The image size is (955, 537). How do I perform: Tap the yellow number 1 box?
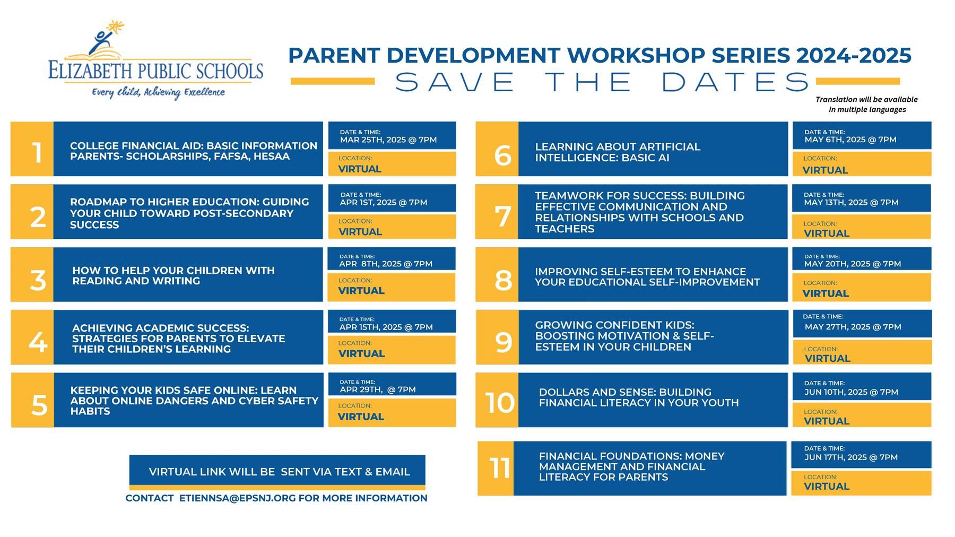click(32, 149)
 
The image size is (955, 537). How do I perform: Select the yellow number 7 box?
click(497, 212)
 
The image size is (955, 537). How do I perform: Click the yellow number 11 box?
click(496, 469)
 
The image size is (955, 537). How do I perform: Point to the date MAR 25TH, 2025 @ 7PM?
click(388, 140)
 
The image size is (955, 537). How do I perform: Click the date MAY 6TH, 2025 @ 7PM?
click(850, 140)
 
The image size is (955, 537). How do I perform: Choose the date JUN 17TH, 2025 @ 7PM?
click(851, 457)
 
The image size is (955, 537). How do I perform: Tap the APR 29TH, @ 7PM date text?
click(378, 390)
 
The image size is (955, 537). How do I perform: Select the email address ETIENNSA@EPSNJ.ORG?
click(237, 498)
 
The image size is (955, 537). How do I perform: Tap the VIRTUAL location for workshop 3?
click(361, 291)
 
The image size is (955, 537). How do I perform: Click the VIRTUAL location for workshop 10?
click(827, 421)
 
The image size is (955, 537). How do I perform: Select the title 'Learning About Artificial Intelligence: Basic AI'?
click(618, 152)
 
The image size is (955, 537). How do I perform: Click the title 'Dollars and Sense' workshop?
click(639, 397)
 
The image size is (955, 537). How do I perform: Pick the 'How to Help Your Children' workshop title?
click(173, 276)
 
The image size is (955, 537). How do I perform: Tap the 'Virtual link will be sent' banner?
click(277, 472)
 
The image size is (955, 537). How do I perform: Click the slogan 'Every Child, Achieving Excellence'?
click(159, 92)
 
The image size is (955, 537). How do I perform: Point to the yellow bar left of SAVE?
click(333, 81)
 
